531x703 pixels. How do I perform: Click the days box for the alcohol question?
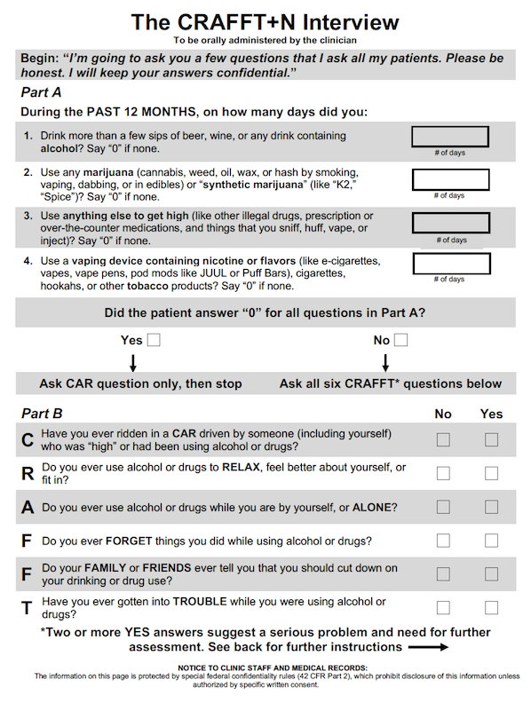point(450,137)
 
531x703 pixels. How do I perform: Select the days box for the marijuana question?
point(451,179)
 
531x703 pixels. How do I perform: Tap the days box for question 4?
point(452,264)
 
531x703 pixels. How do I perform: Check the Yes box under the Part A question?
point(154,340)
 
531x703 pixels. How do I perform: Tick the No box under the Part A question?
point(401,340)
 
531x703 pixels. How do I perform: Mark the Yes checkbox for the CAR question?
point(492,439)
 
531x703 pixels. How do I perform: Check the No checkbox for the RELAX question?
point(444,473)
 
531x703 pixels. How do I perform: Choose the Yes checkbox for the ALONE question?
point(492,507)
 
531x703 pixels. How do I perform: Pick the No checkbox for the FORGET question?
point(444,541)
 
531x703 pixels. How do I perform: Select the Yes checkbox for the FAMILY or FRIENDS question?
point(492,574)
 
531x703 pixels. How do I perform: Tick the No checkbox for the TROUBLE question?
point(444,607)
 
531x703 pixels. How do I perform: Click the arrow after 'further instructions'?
point(428,647)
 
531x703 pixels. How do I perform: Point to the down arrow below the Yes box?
point(133,363)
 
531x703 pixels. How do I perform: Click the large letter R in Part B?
point(28,473)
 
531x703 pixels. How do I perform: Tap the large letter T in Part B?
point(27,608)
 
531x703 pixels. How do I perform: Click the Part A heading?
point(41,92)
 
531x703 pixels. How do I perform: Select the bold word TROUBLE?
point(200,602)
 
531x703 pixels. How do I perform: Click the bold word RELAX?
point(241,467)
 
